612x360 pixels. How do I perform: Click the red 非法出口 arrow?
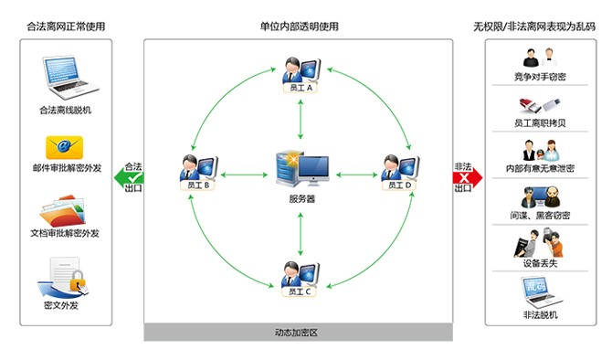click(467, 177)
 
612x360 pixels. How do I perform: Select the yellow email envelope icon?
click(65, 146)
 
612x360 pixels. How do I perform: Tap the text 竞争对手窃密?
click(541, 79)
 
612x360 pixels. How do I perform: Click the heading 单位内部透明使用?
click(300, 26)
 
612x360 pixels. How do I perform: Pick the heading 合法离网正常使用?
click(65, 26)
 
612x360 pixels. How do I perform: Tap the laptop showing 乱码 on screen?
click(541, 292)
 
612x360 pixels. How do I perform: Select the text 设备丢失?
click(541, 262)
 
